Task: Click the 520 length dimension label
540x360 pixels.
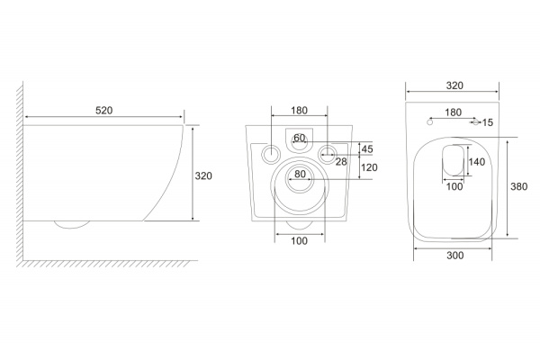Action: [x=104, y=110]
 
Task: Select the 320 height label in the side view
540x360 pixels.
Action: [x=203, y=175]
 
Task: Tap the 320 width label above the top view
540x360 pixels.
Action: [x=454, y=85]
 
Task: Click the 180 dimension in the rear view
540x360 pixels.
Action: [x=299, y=110]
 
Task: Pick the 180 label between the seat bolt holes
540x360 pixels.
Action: [x=453, y=112]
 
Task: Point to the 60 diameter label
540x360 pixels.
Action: [x=300, y=138]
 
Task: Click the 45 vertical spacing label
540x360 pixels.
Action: [x=367, y=149]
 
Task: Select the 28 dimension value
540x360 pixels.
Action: [x=341, y=162]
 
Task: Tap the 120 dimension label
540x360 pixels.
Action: [x=369, y=167]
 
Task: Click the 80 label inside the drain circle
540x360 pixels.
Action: [x=300, y=174]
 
